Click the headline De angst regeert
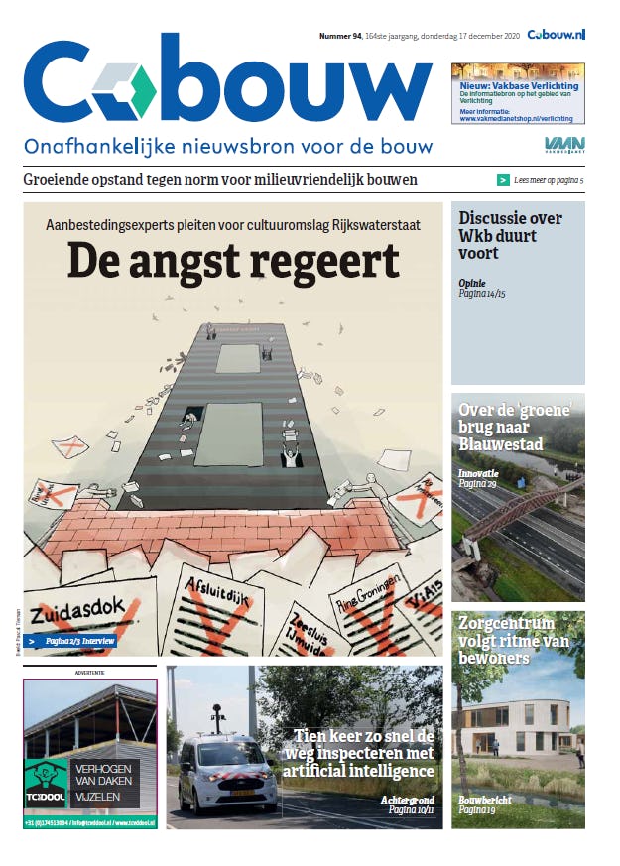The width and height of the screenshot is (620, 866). coord(233,261)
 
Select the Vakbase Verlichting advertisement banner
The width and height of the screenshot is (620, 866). coord(518,92)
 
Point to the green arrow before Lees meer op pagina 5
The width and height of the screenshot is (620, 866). coord(504,180)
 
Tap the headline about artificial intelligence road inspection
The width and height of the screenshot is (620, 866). coord(364,754)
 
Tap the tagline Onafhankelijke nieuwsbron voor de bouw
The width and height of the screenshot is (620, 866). coord(228,146)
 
